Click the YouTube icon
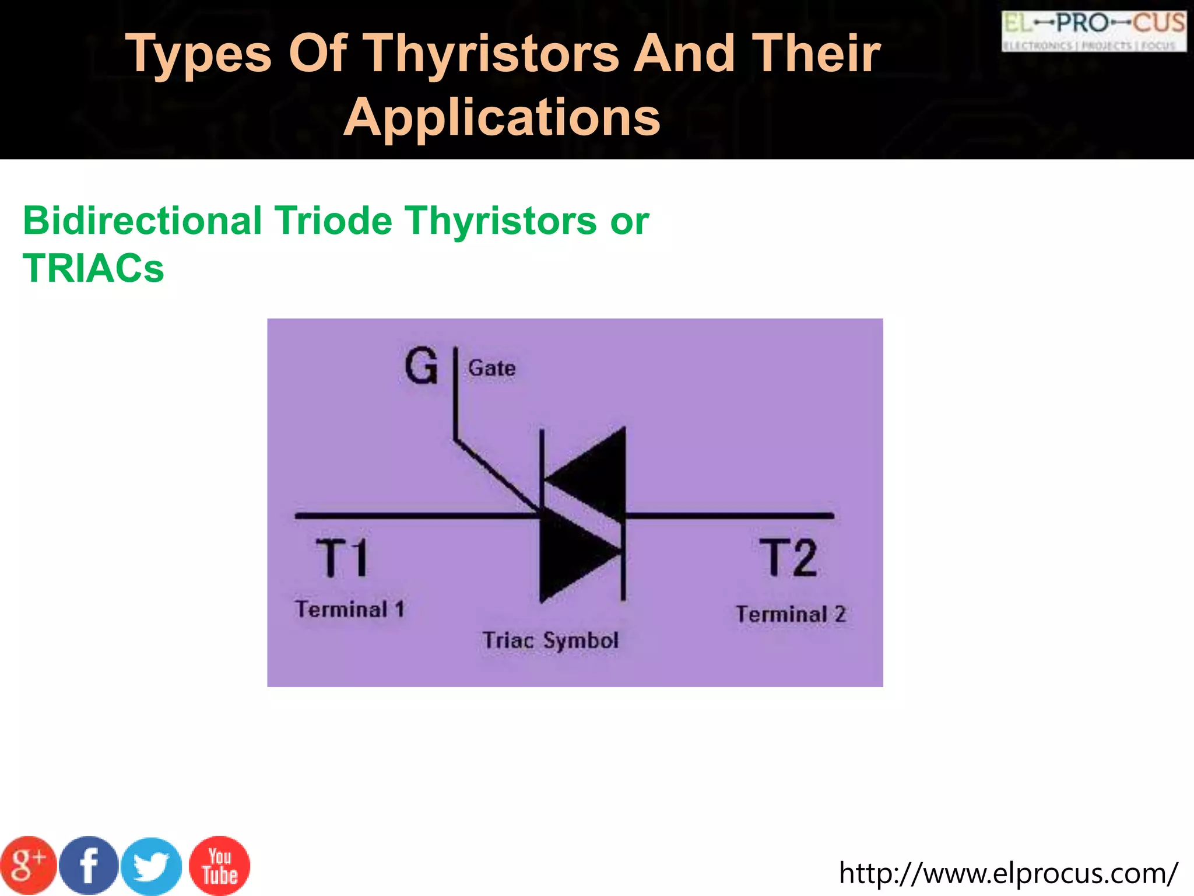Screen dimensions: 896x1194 click(219, 866)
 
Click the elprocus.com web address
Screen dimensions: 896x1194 click(1008, 873)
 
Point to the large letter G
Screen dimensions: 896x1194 click(421, 366)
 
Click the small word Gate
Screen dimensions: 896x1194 click(492, 369)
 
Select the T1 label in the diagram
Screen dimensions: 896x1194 click(342, 558)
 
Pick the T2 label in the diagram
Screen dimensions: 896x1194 click(788, 558)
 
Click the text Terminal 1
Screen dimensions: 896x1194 click(350, 610)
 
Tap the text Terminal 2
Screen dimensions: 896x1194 click(791, 614)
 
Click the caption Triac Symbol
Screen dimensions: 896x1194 click(550, 640)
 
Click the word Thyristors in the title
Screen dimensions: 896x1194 click(491, 54)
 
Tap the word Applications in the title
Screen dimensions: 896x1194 click(502, 117)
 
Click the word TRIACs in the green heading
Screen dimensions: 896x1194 click(93, 268)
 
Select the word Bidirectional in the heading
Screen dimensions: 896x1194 click(142, 221)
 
